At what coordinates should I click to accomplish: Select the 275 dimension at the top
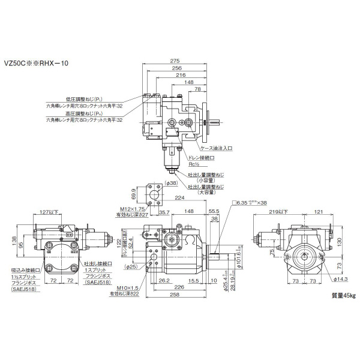(x=175, y=61)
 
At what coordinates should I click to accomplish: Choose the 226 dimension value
(x=179, y=287)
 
